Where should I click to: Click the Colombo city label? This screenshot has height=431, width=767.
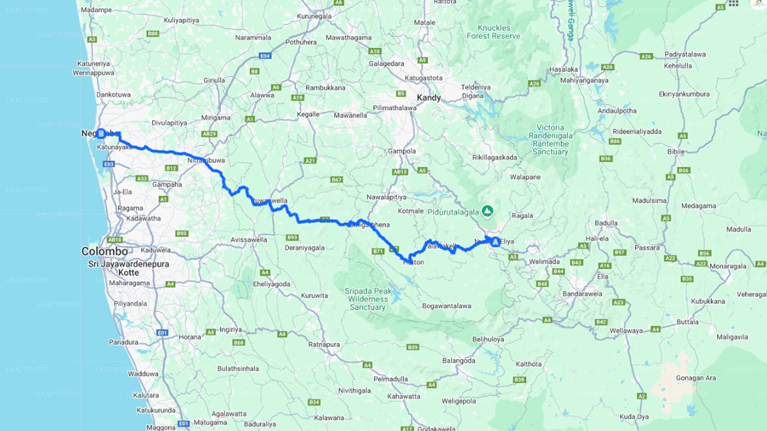104,251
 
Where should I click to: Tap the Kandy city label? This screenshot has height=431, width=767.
428,98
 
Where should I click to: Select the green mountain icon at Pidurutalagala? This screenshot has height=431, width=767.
488,211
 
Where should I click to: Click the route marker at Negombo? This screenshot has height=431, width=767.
101,133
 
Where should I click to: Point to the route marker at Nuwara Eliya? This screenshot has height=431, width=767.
495,241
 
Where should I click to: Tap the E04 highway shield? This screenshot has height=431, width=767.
265,56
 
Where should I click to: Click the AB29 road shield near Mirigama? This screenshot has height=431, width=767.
209,133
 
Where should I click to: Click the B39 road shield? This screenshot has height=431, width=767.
412,347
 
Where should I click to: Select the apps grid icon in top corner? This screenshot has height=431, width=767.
733,4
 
